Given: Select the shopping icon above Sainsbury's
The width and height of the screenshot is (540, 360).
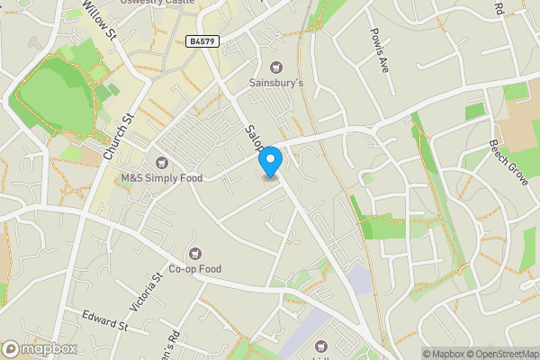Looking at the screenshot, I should coord(277,67).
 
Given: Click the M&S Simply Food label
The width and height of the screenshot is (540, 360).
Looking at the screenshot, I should coord(162,178).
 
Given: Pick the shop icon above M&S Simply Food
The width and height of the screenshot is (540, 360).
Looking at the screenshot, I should coord(162,162).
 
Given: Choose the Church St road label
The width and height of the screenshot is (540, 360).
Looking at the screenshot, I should coord(117,136).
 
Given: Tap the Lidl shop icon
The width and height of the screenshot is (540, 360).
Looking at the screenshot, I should coord(321,346).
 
